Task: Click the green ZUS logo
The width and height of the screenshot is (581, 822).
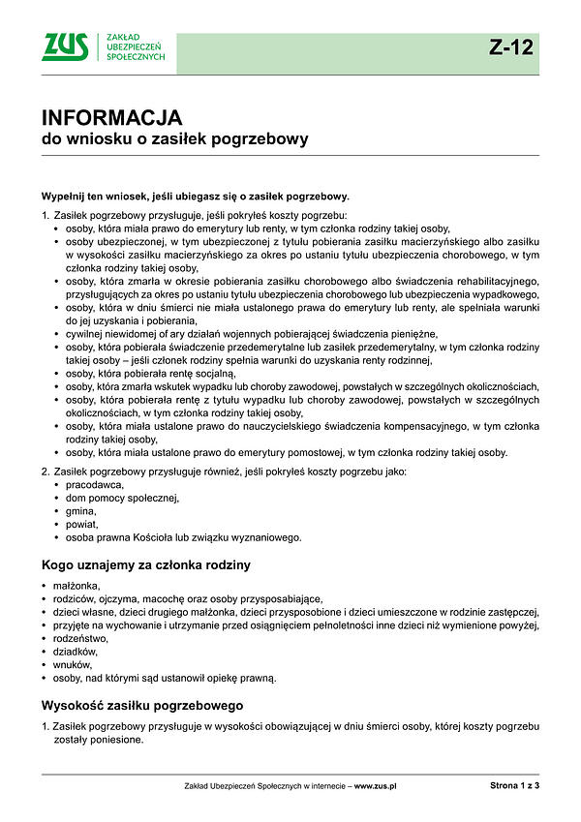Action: [x=65, y=47]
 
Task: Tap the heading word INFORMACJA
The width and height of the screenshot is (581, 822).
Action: [x=111, y=118]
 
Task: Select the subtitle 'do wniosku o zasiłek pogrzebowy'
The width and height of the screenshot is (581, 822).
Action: [x=174, y=139]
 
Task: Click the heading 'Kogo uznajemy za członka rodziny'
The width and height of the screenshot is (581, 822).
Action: [x=146, y=564]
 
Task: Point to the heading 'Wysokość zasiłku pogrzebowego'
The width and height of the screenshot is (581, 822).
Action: [x=141, y=705]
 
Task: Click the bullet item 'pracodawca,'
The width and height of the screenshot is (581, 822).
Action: [x=96, y=484]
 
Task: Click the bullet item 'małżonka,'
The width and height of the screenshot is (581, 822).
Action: [x=77, y=586]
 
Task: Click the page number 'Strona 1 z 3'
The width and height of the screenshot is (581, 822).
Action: [x=514, y=786]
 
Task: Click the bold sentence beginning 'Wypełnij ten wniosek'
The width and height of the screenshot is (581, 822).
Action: [x=195, y=196]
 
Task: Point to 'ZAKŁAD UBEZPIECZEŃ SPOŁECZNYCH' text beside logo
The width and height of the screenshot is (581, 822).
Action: [x=135, y=47]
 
